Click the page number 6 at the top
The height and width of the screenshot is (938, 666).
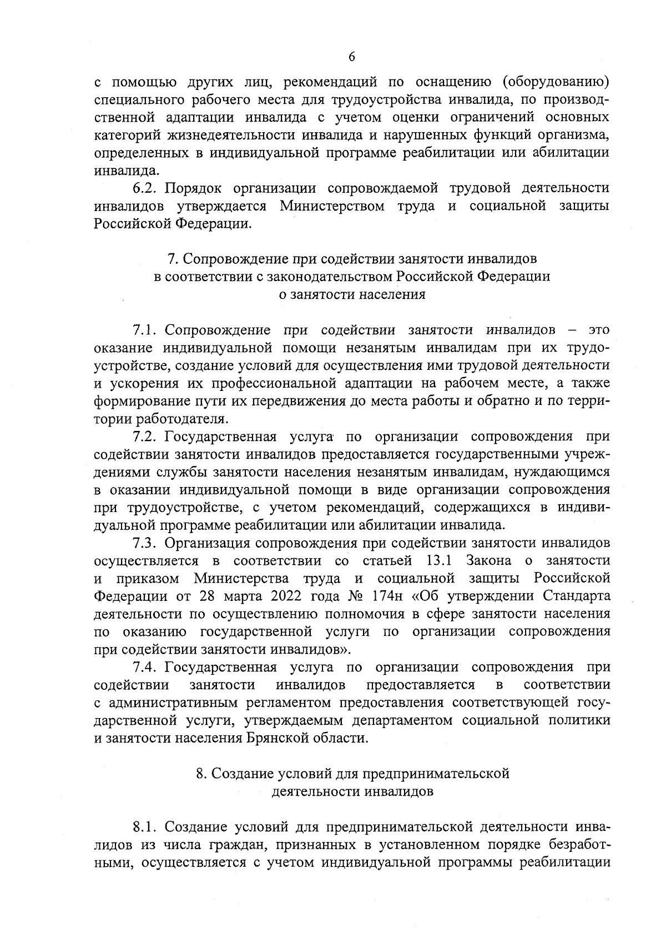click(x=351, y=56)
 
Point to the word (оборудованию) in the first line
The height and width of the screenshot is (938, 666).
click(x=555, y=83)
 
